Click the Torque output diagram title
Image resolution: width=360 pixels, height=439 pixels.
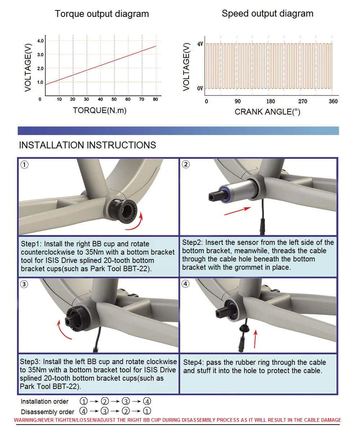(102, 14)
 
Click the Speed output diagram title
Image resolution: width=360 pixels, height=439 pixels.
(267, 14)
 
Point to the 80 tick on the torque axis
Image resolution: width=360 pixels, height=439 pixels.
(155, 99)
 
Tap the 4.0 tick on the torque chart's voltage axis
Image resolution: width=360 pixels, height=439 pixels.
(40, 41)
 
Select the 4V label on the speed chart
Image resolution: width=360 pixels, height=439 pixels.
(200, 44)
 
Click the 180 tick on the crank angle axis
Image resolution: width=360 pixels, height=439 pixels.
(270, 102)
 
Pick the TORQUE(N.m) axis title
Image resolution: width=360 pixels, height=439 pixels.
(100, 111)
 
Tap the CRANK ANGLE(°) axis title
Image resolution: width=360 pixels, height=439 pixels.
(267, 112)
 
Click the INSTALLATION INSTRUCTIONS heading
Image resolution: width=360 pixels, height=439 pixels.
(87, 145)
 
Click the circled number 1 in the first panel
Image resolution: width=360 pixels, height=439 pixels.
(24, 165)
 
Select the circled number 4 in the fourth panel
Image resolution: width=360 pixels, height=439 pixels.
(185, 284)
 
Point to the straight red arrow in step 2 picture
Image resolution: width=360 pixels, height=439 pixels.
(238, 211)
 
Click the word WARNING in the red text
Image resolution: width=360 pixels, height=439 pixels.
(26, 420)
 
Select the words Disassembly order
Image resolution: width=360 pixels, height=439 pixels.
(48, 412)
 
